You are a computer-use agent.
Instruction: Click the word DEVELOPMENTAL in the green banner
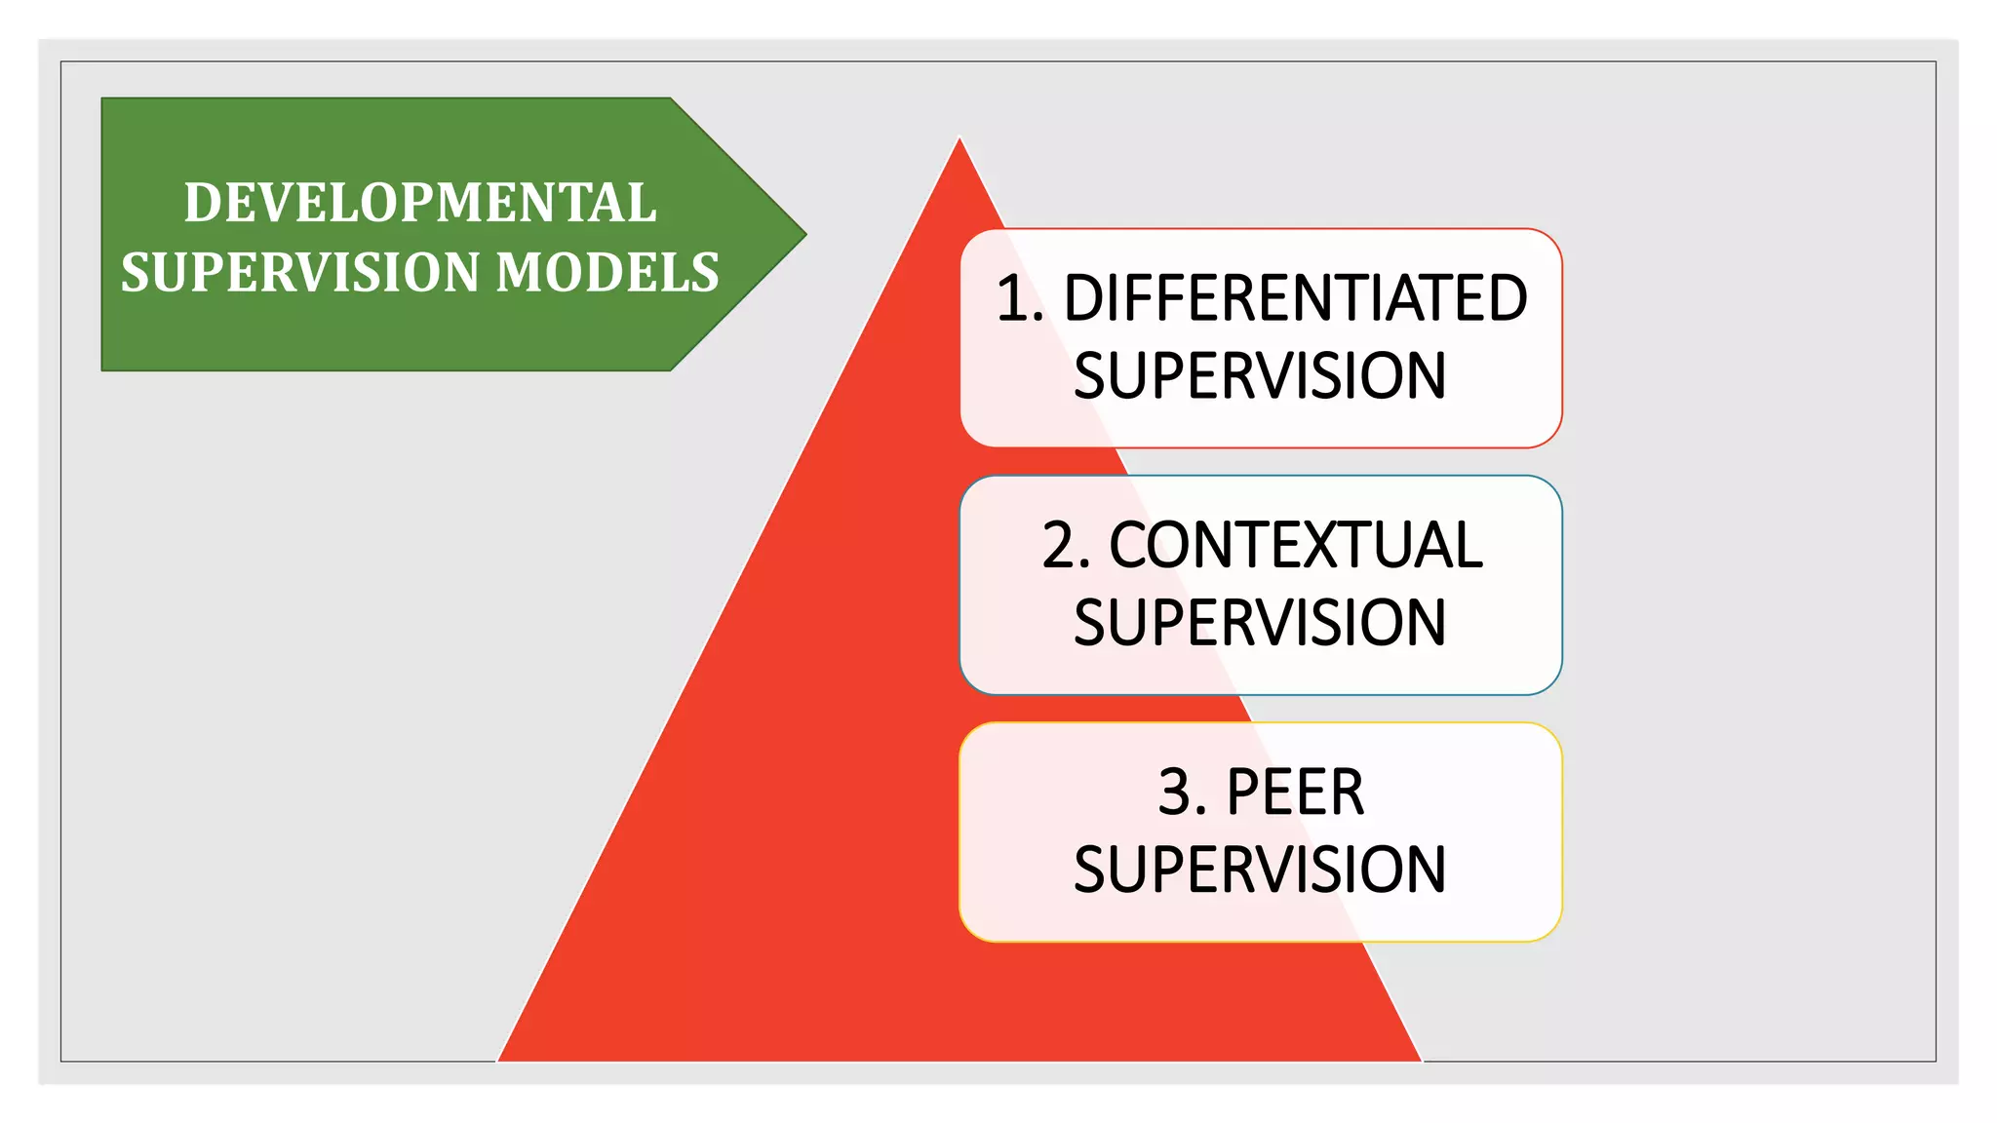pos(420,203)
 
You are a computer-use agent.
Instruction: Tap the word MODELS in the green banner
pos(607,272)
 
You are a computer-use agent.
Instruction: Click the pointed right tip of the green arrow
pos(804,234)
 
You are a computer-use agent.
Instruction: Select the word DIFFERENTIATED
pos(1295,298)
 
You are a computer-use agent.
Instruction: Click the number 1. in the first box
pos(1020,298)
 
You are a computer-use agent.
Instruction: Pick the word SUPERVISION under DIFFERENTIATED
pos(1260,376)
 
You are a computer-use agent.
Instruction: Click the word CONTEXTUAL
pos(1296,545)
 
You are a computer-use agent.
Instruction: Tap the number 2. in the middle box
pos(1066,545)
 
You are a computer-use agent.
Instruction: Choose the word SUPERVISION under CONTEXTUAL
pos(1260,623)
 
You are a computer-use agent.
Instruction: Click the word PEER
pos(1295,792)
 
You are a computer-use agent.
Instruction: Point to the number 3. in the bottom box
pos(1182,792)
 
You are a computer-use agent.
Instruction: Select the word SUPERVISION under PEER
pos(1260,870)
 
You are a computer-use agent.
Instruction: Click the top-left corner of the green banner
pos(103,98)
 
